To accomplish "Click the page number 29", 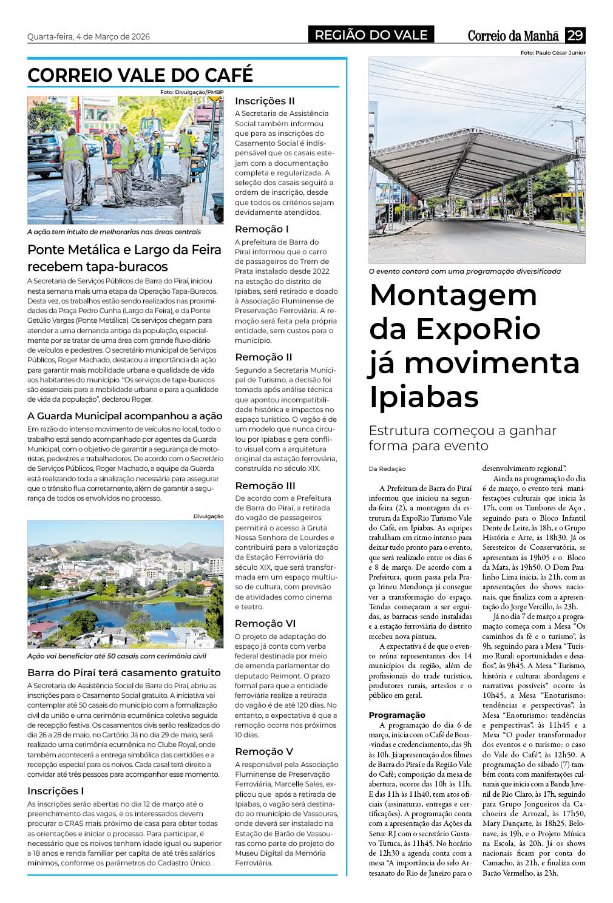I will [x=575, y=35].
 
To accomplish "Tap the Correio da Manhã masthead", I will [x=513, y=36].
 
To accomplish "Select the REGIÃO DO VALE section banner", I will [x=371, y=35].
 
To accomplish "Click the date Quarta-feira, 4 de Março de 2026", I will [x=88, y=36].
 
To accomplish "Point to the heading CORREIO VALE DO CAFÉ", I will [x=140, y=75].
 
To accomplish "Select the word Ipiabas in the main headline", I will [x=424, y=396].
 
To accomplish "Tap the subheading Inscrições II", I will [x=265, y=101].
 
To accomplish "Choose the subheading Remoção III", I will [x=265, y=485].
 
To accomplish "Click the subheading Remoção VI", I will [x=265, y=623].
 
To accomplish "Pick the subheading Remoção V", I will [x=264, y=751].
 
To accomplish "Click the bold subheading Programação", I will [x=397, y=715].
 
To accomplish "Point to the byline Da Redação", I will [x=387, y=468].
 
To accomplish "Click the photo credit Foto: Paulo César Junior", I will [x=552, y=53].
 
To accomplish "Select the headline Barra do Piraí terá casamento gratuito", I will [x=124, y=672].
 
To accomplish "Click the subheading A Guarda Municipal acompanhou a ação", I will [x=124, y=416].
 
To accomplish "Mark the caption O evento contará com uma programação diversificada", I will [x=464, y=271].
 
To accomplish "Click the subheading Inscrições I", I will [x=55, y=791].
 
